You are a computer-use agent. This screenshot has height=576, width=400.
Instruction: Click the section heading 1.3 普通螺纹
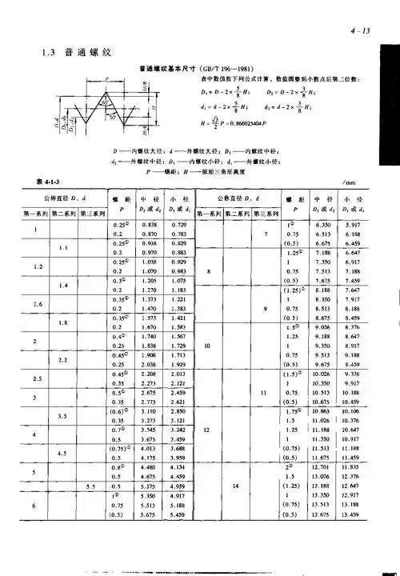coord(74,54)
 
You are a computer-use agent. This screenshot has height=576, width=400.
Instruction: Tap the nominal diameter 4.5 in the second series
coord(64,453)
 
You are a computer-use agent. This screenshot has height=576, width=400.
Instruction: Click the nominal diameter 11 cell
coord(263,392)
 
